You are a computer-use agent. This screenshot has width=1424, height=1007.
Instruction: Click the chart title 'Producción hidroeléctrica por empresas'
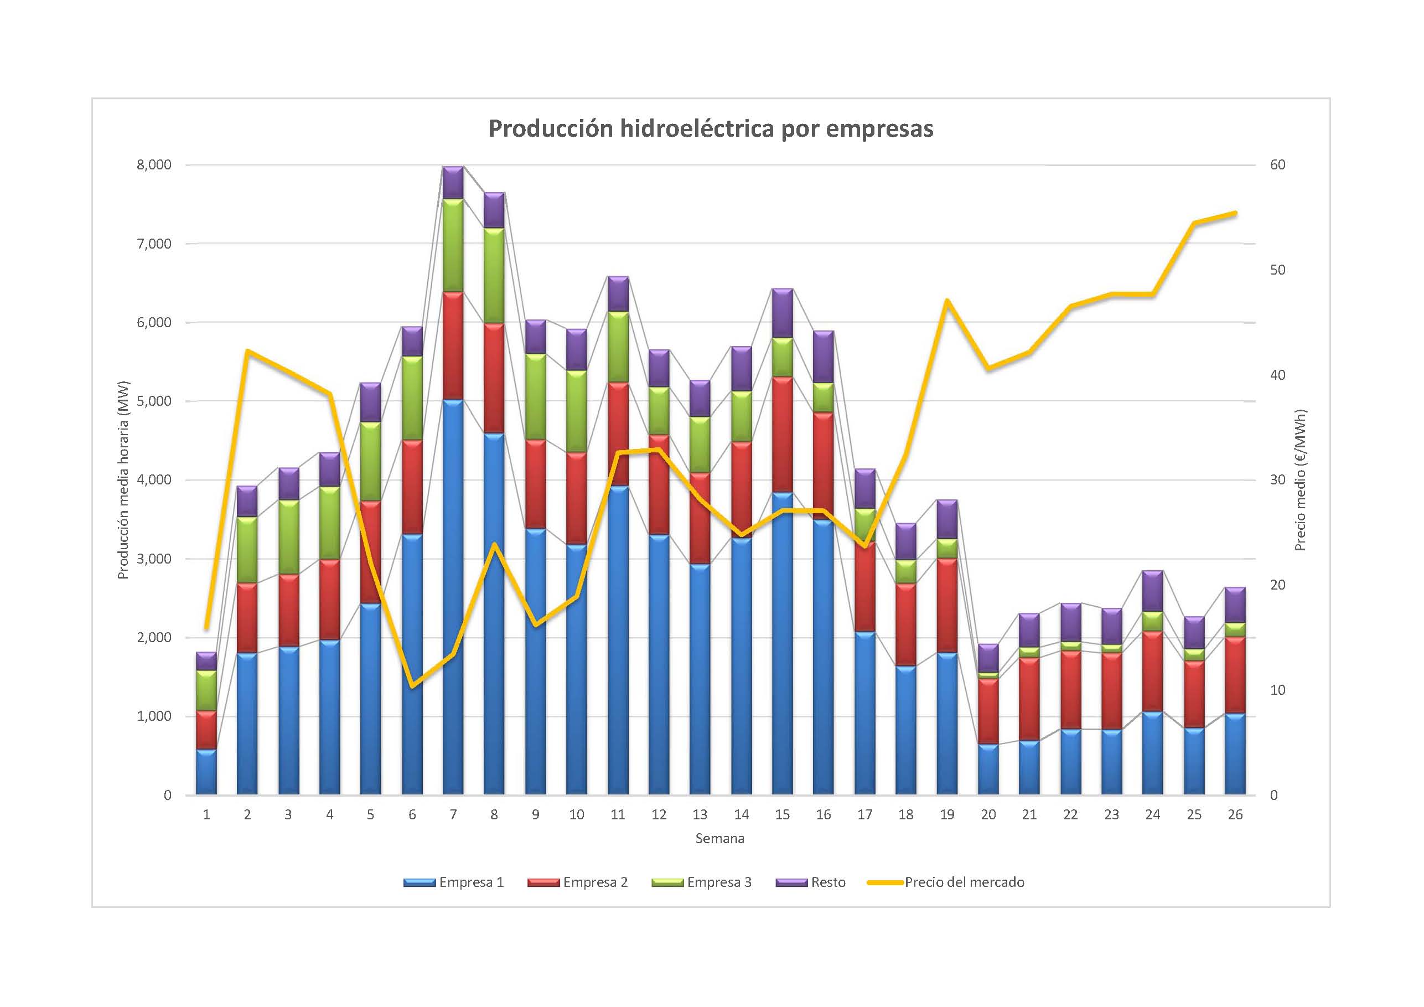(x=710, y=128)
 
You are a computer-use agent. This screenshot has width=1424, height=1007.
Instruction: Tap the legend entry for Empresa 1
(x=453, y=882)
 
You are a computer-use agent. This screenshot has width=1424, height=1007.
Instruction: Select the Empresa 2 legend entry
(x=577, y=882)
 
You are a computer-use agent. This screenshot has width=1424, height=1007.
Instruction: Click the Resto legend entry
(x=811, y=882)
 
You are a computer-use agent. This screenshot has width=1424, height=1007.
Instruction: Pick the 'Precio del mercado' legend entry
(x=946, y=882)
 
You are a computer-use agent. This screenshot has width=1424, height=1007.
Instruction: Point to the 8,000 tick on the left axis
(x=154, y=165)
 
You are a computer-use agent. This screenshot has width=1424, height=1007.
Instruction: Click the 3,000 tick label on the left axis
(x=154, y=559)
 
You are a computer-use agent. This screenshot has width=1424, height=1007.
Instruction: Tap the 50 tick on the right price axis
(x=1278, y=270)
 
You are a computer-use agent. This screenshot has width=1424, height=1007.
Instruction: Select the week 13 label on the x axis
(x=700, y=815)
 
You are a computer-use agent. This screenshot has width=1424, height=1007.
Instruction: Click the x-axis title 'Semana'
(x=719, y=839)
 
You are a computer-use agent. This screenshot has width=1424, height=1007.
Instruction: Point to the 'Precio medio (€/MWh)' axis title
(x=1301, y=479)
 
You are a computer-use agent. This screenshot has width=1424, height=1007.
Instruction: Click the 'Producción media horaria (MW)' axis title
(x=123, y=479)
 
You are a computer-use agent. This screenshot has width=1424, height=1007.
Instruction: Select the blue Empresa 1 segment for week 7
(x=453, y=596)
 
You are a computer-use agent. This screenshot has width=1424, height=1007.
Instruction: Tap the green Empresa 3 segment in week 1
(x=206, y=690)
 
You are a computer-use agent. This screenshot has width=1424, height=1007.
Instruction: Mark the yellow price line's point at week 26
(x=1235, y=213)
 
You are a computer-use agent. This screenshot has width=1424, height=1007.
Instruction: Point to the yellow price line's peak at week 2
(x=247, y=351)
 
